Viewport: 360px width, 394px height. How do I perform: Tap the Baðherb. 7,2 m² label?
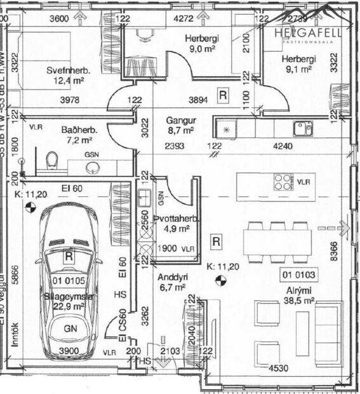pyautogui.click(x=77, y=134)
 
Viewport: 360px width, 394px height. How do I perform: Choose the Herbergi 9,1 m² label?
pyautogui.click(x=298, y=65)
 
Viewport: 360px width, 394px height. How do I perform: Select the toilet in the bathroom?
pyautogui.click(x=52, y=162)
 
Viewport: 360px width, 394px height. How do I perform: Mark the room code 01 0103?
pyautogui.click(x=299, y=275)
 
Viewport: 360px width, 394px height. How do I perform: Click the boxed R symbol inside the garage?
pyautogui.click(x=69, y=255)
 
